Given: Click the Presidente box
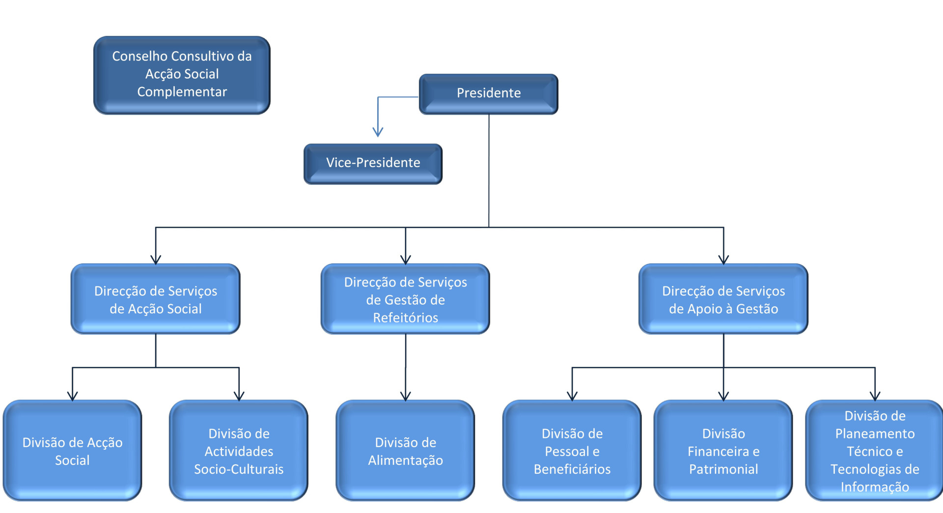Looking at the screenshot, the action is point(488,94).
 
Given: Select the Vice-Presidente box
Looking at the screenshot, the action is point(373,164).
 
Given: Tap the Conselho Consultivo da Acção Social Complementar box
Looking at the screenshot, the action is point(182,75).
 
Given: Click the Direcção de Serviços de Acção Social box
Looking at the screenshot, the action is point(156,299).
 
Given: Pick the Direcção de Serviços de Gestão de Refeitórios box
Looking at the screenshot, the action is point(405,299).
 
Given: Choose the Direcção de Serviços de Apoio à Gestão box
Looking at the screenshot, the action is point(723,299).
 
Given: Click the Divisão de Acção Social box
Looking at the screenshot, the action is point(72,450).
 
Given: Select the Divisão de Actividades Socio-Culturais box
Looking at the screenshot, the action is point(239,450).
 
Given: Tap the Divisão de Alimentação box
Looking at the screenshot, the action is point(405,450).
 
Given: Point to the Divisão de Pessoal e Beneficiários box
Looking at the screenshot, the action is point(572,450).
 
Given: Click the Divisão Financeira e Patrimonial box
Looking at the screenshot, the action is point(723,450).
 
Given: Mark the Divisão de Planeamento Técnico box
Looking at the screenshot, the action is point(875,450).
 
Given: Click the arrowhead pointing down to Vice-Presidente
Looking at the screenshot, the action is point(378,132).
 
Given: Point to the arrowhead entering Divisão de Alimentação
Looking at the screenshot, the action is point(406,396).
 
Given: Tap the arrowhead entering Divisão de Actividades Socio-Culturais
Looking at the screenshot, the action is point(239,396).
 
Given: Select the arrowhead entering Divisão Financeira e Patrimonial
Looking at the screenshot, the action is point(723,396).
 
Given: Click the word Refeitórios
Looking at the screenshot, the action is point(406,317).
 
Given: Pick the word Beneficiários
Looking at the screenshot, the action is point(572,469).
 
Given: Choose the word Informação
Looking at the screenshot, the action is point(875,487).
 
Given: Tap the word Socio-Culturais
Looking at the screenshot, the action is point(239,469).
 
